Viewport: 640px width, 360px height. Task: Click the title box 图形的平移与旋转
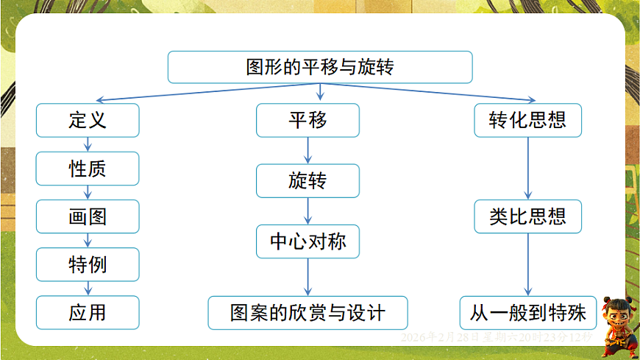click(x=319, y=67)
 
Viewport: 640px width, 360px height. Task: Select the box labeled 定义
click(x=88, y=120)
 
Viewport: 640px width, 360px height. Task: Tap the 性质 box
click(x=88, y=169)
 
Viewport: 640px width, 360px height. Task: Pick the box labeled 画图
click(x=88, y=216)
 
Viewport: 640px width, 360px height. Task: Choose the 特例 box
click(x=88, y=264)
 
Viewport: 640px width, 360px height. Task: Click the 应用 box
click(x=88, y=312)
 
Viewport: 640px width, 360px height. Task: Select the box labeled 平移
click(x=307, y=120)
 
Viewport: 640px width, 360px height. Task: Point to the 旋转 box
click(x=307, y=180)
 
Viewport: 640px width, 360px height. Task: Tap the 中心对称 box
click(x=307, y=241)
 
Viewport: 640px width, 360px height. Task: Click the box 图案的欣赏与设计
click(x=307, y=312)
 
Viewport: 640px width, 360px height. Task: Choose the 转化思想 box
click(x=527, y=120)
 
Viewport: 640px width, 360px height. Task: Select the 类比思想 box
click(x=527, y=216)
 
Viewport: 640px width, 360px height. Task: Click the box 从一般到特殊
click(x=527, y=312)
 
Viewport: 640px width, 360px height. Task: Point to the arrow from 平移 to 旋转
click(x=307, y=150)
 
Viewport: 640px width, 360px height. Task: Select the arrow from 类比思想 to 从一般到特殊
click(x=527, y=264)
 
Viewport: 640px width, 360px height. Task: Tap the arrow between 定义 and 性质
click(x=88, y=144)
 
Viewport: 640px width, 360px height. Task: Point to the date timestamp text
click(x=497, y=336)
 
